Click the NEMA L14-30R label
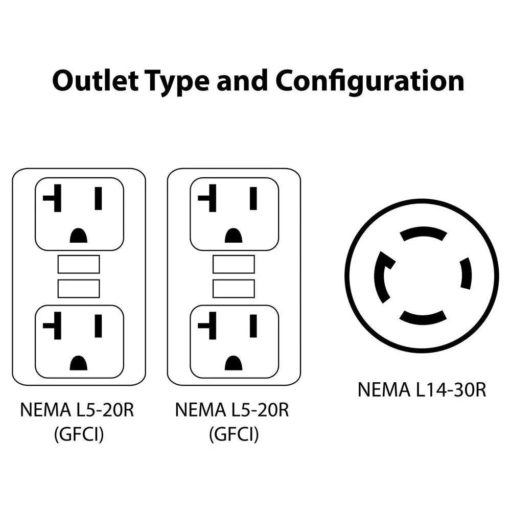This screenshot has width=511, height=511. coord(422,390)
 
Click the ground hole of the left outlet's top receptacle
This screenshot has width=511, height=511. coord(78,236)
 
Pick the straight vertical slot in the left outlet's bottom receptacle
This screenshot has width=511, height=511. coord(98,326)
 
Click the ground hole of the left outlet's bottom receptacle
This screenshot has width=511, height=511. coord(78,363)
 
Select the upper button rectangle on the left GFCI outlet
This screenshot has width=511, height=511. coord(79,264)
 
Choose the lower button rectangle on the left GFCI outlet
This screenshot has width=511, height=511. coord(79,288)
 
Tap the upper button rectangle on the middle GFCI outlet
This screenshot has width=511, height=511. coord(234,264)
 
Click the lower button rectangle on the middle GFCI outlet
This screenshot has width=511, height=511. coord(234,288)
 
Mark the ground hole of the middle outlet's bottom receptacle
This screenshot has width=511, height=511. coord(234,363)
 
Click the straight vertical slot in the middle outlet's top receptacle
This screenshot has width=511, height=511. coord(253,198)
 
